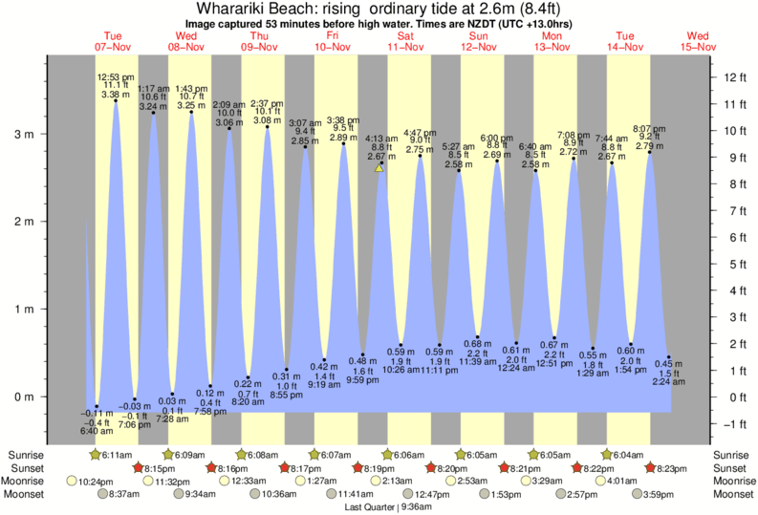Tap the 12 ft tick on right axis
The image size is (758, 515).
[x=732, y=76]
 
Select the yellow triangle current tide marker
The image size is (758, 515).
[x=379, y=168]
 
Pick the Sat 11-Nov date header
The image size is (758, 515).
[x=405, y=41]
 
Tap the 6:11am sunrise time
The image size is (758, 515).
[x=118, y=455]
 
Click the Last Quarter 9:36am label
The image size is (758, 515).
[x=379, y=507]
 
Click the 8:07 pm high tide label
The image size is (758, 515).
[x=650, y=127]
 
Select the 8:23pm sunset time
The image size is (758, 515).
[x=670, y=468]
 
